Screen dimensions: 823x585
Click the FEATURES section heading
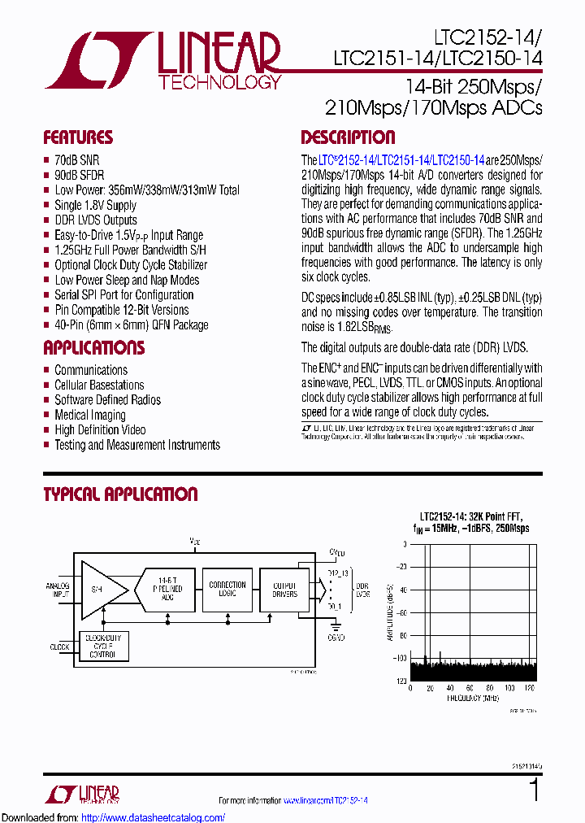[x=78, y=137]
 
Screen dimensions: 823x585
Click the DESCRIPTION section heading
[x=348, y=137]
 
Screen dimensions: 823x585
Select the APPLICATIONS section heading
[x=93, y=348]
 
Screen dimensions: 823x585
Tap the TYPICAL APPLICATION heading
[x=120, y=494]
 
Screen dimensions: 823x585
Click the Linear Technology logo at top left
[x=162, y=60]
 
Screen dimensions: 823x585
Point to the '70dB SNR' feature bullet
[x=76, y=160]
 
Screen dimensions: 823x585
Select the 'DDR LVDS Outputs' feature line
[x=95, y=220]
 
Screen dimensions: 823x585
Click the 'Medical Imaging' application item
[x=89, y=415]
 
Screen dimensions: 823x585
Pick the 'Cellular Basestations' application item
[x=99, y=385]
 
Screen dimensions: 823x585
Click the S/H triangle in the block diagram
[x=100, y=589]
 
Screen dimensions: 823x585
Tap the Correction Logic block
[x=227, y=590]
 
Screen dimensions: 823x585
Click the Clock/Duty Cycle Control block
[x=104, y=647]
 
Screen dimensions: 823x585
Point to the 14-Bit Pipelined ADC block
[x=167, y=590]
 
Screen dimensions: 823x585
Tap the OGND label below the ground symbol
[x=336, y=638]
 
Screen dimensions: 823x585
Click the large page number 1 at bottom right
[x=534, y=790]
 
